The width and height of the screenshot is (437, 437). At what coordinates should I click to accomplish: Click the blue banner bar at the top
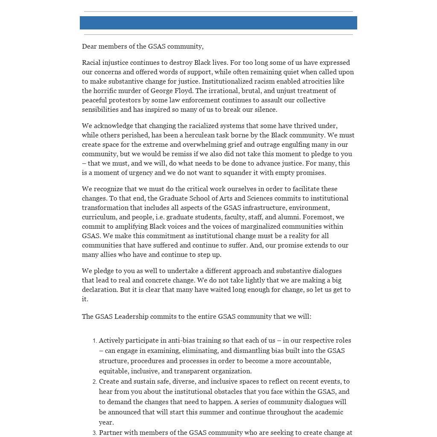click(218, 23)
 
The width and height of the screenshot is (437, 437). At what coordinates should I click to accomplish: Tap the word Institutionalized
click(227, 82)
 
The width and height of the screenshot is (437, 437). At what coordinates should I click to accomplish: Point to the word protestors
click(126, 100)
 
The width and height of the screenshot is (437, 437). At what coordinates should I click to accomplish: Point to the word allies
click(108, 255)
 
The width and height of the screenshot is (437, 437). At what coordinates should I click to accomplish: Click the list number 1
click(94, 341)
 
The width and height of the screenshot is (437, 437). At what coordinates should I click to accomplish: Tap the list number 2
click(94, 382)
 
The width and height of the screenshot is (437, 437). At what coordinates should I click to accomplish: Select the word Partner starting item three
click(111, 433)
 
